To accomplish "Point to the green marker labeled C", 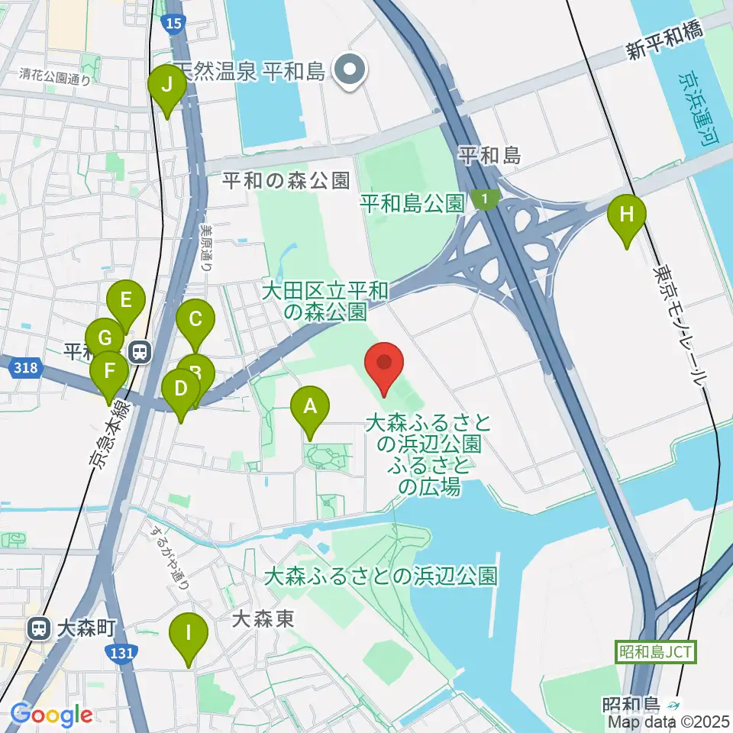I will coord(195,319).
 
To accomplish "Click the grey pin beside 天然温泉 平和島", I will coord(350,71).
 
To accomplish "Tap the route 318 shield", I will coord(24,369).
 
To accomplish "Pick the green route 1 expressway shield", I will coord(483,199).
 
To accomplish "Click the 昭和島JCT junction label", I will coord(655,652).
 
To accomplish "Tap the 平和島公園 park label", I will coord(412,203).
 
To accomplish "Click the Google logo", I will coord(51,715).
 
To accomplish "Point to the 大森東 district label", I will coord(263,618).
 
